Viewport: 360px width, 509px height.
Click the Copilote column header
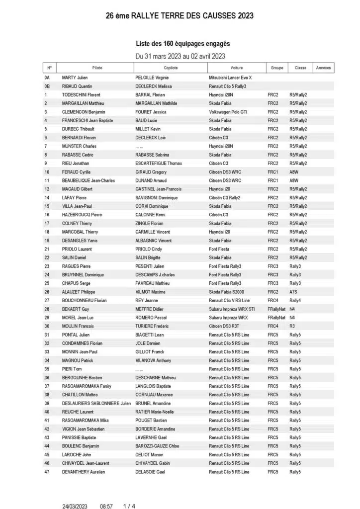click(170, 68)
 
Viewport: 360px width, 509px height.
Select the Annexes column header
click(323, 68)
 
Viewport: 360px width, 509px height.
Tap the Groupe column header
click(277, 68)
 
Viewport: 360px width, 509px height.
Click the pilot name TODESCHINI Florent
click(81, 94)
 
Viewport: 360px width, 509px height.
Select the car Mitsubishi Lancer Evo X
click(230, 78)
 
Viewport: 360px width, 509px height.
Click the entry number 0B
click(47, 86)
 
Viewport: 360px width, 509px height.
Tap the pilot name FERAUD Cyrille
click(77, 171)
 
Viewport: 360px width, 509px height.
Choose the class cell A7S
click(294, 292)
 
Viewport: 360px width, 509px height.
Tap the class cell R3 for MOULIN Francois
click(292, 326)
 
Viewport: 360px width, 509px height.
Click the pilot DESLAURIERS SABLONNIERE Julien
click(96, 403)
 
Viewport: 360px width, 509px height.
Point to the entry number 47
click(47, 472)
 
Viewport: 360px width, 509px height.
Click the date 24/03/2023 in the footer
click(75, 507)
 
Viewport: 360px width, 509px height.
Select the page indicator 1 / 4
click(129, 507)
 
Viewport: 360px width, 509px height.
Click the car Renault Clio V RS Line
click(229, 300)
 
